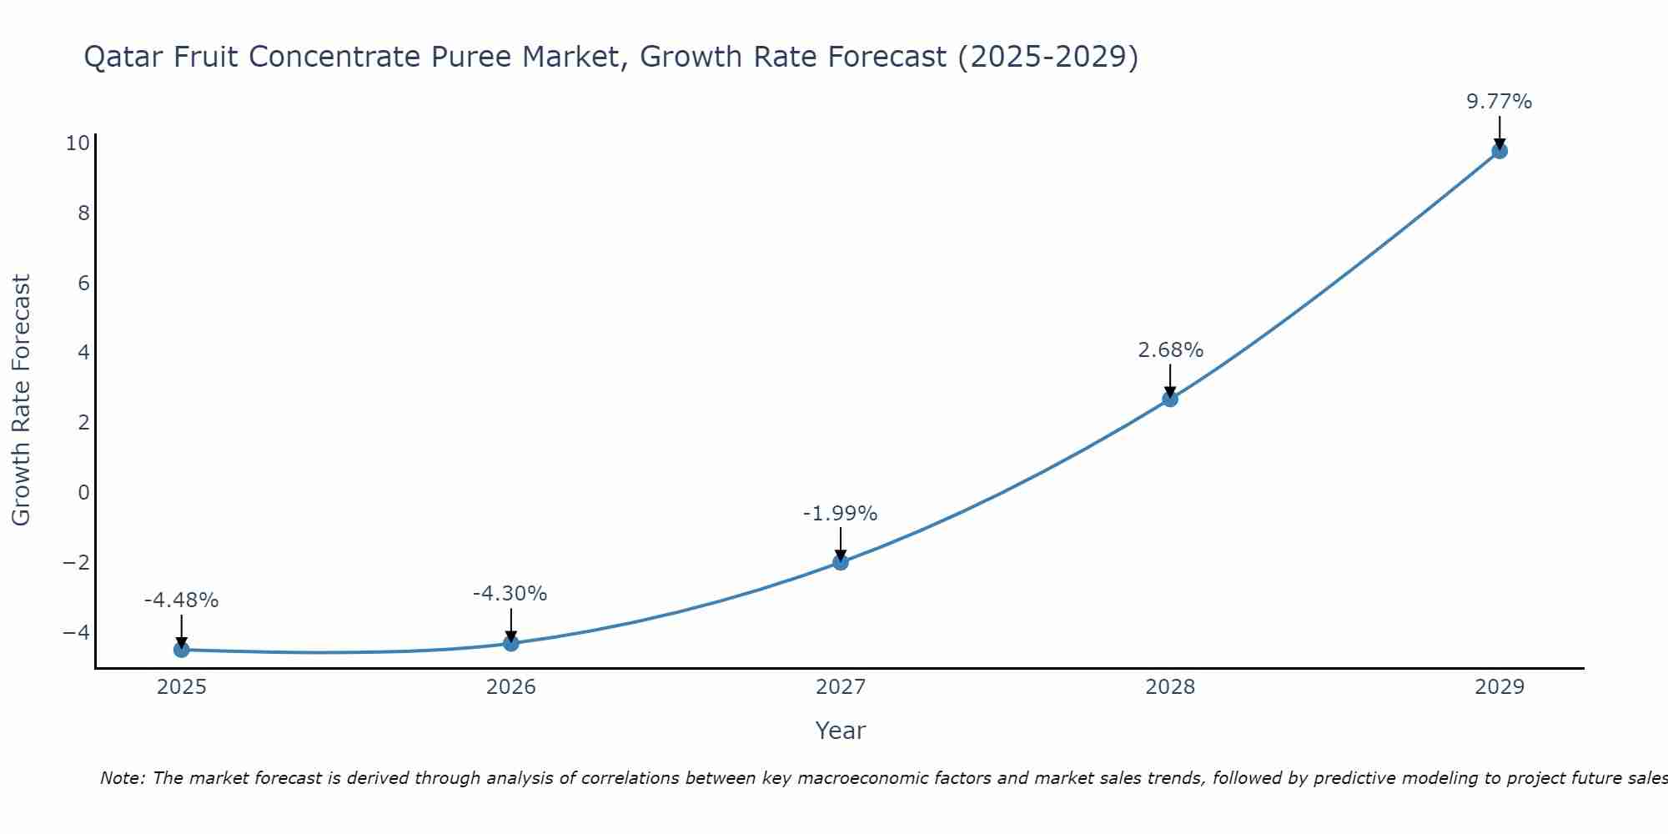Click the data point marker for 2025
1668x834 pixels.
point(182,650)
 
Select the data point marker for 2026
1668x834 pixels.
point(511,643)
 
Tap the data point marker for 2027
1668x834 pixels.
point(841,562)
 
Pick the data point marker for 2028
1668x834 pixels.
point(1170,399)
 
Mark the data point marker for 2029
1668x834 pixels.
point(1500,151)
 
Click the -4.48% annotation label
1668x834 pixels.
point(181,600)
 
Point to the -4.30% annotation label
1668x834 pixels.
point(510,594)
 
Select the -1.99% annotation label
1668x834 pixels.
point(840,514)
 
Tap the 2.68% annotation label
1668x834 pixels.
point(1170,350)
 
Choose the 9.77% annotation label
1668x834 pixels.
point(1499,102)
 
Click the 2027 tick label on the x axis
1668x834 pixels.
point(841,687)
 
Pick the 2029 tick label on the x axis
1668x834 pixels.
point(1500,687)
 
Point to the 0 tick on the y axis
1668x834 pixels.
point(83,492)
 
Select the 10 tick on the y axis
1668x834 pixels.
point(78,143)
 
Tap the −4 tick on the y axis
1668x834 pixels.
point(76,632)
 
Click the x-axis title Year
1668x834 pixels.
point(841,731)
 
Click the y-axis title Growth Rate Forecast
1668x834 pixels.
point(21,400)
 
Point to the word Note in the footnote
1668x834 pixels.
point(123,778)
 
